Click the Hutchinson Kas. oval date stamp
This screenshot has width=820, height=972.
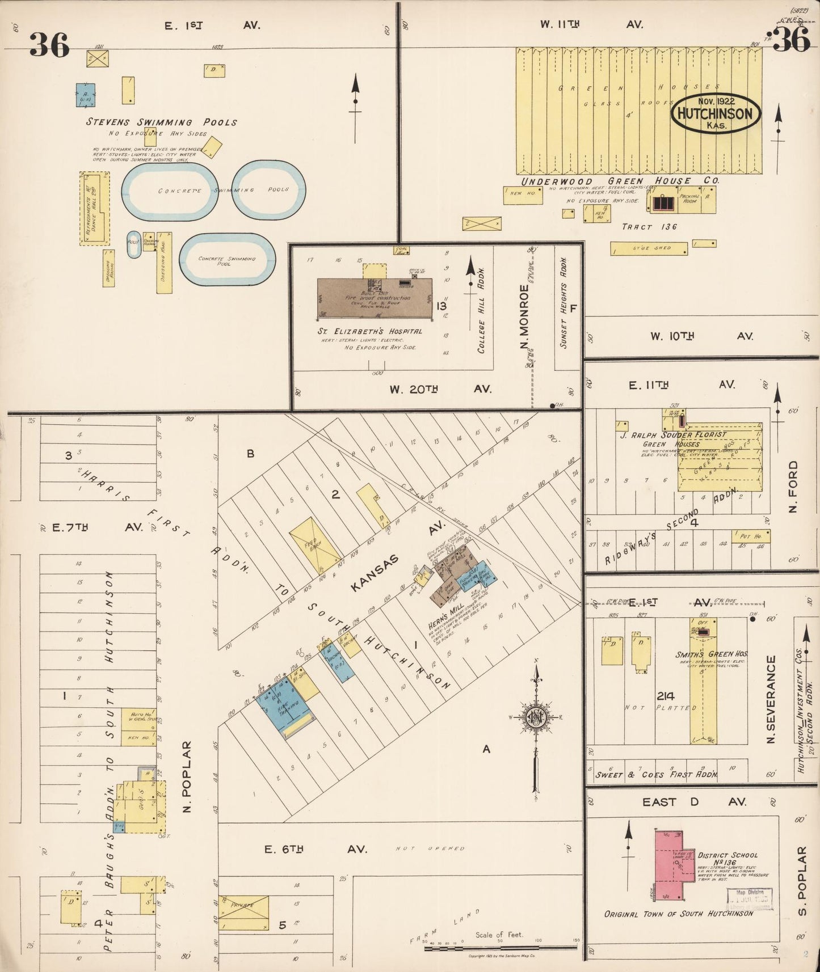tap(715, 113)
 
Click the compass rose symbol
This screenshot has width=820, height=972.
tap(536, 716)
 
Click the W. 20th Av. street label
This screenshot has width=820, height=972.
tap(440, 389)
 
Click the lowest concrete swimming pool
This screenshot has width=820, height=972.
tap(227, 260)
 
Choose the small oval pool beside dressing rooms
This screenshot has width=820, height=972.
tap(134, 244)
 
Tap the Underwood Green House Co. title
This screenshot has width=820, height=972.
tap(620, 181)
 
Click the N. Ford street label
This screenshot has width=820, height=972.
tap(793, 485)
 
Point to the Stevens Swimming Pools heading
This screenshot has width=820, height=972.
tap(162, 122)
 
